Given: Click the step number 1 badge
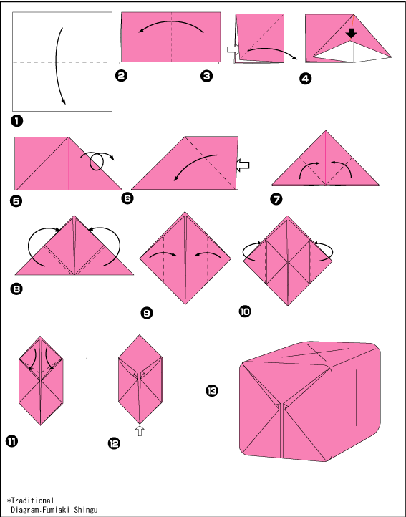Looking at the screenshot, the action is [x=16, y=121].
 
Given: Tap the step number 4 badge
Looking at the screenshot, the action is [x=306, y=79].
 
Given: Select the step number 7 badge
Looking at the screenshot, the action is [x=276, y=199].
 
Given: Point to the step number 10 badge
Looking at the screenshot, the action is [x=245, y=311].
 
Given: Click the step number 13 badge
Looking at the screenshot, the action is [x=212, y=391].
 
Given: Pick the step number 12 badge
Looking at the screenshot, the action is [x=114, y=443].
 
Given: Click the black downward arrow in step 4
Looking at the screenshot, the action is [x=352, y=34].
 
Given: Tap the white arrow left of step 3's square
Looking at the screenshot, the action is [x=232, y=49].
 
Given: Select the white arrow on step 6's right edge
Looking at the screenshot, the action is [x=243, y=165].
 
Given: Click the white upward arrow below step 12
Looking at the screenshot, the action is [x=140, y=430].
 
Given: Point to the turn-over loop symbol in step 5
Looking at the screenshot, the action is [x=97, y=160].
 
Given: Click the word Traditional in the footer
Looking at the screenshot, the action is [x=32, y=501].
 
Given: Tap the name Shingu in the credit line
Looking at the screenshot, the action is [x=86, y=510].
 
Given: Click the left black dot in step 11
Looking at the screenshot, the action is [x=30, y=368].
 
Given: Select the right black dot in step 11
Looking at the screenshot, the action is [x=52, y=368].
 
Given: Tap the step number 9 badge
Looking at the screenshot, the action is [x=147, y=313].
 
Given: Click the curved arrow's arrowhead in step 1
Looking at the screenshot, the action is [x=64, y=102].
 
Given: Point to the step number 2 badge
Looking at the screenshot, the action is [x=121, y=76].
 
